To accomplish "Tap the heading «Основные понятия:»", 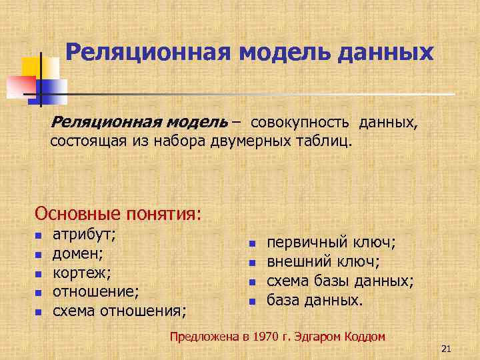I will [117, 214].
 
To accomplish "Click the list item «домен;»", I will [79, 253].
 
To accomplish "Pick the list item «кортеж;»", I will [81, 273].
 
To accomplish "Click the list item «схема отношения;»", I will [119, 311].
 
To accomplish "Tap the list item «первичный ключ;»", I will [331, 243].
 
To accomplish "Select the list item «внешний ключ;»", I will [323, 262].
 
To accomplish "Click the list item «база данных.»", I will [315, 300].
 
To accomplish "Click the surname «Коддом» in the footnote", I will [365, 337].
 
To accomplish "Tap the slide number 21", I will [446, 349].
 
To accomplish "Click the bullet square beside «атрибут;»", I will [39, 235].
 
